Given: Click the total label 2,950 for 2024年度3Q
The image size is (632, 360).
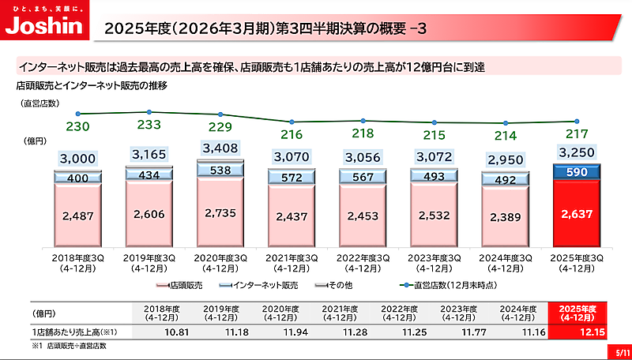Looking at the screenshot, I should coord(505,160).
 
